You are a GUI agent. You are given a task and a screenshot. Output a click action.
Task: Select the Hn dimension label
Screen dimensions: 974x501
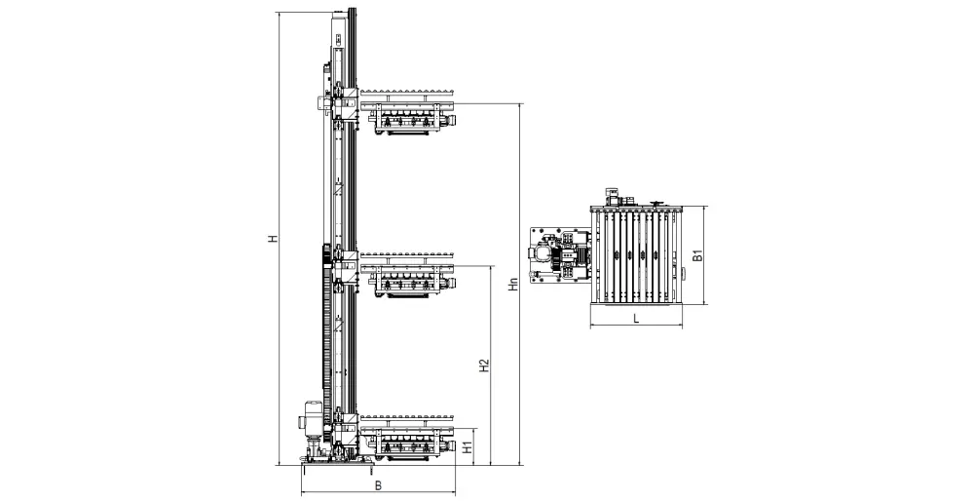512,285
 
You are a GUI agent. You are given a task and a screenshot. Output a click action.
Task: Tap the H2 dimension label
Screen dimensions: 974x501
485,366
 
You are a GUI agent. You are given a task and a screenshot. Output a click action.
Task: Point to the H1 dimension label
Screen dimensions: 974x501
469,445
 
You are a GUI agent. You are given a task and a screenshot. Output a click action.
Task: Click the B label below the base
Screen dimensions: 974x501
378,486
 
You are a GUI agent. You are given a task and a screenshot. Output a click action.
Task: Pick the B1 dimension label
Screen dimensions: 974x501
697,255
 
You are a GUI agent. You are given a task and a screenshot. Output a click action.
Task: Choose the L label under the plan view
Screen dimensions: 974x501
635,319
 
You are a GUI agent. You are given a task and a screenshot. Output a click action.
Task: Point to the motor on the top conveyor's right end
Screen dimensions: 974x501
451,118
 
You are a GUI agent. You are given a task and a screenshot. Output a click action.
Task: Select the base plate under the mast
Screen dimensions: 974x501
337,464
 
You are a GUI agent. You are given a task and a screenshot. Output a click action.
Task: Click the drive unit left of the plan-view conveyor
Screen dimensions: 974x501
559,254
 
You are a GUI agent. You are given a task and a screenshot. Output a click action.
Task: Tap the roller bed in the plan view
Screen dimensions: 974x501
636,255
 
